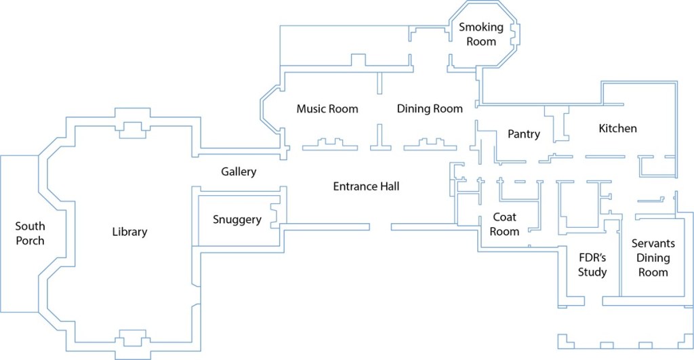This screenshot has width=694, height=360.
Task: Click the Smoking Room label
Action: click(481, 34)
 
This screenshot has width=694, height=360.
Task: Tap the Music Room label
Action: click(327, 108)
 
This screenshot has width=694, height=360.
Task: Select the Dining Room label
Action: click(430, 108)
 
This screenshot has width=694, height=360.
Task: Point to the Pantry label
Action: click(524, 134)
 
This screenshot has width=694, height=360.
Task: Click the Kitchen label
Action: click(617, 128)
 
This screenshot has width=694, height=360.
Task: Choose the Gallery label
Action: click(239, 172)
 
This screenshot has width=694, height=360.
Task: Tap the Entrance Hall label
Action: click(366, 186)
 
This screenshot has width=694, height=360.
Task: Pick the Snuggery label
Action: click(237, 220)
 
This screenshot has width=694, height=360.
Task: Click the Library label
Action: click(129, 232)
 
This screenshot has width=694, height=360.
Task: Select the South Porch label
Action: click(30, 233)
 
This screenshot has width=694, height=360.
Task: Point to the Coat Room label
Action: click(505, 224)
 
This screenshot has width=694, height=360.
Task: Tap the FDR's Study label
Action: click(592, 265)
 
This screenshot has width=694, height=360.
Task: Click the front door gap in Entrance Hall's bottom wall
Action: click(380, 226)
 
